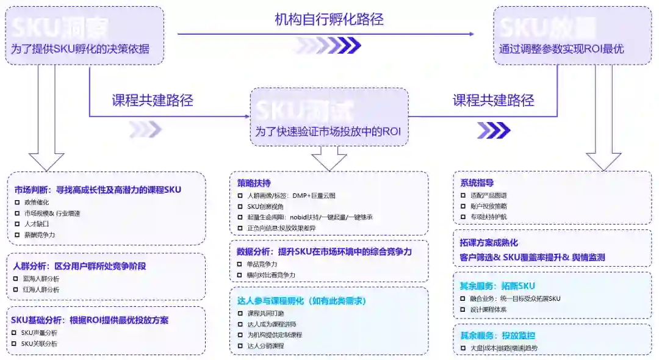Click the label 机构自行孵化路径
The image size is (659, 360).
[329, 19]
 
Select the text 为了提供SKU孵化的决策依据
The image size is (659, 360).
[80, 49]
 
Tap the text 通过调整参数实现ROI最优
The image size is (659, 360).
[561, 49]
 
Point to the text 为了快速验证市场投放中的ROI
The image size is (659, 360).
[328, 131]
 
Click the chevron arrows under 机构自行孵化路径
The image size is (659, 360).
[327, 45]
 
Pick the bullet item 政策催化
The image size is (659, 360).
[38, 202]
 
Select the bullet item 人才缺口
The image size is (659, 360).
[38, 224]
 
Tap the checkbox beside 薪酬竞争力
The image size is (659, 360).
[17, 235]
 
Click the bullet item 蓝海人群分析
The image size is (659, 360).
[41, 279]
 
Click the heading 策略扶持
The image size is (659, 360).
[254, 183]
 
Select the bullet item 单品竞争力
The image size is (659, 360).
[262, 264]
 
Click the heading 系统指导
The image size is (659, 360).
[477, 182]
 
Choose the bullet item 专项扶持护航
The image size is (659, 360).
[489, 217]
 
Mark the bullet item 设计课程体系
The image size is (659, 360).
[489, 309]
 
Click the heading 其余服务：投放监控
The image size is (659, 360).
[497, 335]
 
